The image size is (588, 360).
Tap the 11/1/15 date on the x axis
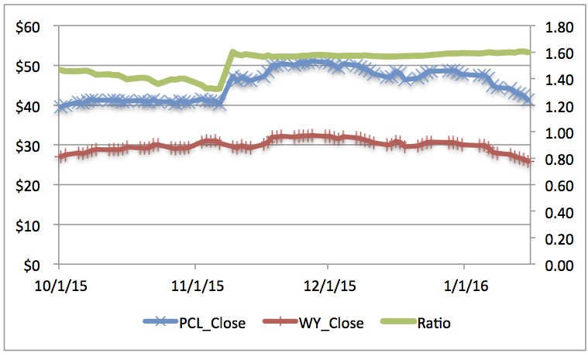(194, 286)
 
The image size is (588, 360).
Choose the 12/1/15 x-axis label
(327, 286)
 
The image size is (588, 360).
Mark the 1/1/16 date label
(463, 286)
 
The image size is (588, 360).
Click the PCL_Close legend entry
(194, 323)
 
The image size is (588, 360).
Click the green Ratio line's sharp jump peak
(232, 53)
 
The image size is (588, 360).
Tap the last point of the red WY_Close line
(529, 162)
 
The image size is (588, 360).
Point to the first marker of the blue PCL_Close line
(58, 108)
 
